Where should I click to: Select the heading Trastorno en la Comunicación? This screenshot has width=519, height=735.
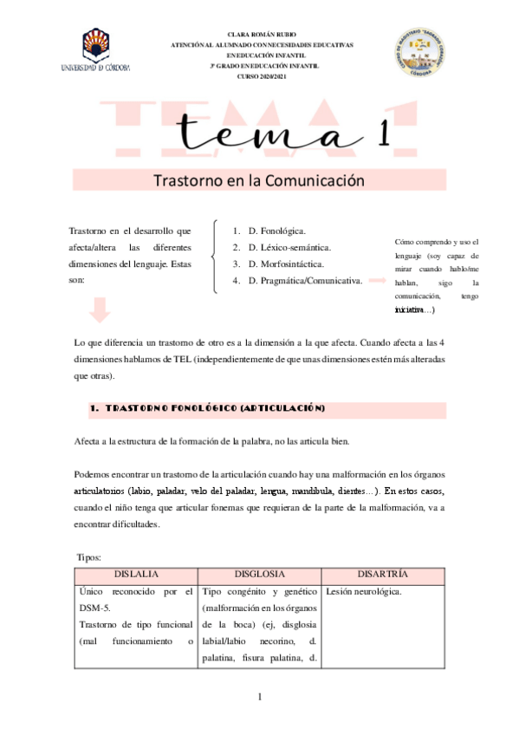click(259, 182)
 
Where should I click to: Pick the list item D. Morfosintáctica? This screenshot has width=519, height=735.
click(286, 264)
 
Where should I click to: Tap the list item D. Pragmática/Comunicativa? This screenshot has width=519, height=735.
click(304, 281)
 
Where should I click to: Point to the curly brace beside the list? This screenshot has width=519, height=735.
click(214, 256)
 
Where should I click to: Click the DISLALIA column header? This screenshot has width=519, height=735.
click(137, 575)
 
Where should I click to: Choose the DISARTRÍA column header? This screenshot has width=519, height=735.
click(383, 575)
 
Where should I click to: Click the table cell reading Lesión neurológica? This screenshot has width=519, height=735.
click(364, 591)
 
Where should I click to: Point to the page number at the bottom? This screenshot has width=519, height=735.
click(260, 698)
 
